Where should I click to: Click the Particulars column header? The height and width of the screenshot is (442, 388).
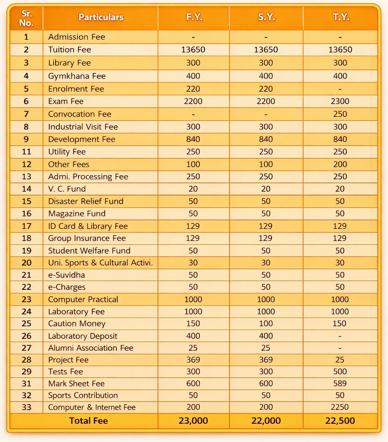[x=101, y=17]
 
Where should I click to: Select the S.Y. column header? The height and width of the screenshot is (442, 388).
[x=266, y=17]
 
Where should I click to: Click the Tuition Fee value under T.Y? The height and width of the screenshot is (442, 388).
[x=340, y=50]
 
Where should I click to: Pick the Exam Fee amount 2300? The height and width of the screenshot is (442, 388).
[x=340, y=101]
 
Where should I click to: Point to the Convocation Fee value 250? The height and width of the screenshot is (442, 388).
[x=340, y=114]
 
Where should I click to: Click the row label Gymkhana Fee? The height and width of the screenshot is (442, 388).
[x=77, y=76]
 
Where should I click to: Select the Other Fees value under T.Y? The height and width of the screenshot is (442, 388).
[x=340, y=164]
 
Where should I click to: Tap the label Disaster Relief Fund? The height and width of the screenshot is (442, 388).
[x=86, y=201]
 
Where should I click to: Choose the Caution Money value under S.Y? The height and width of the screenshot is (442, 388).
[x=266, y=324]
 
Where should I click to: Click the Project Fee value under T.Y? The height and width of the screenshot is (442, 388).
[x=340, y=360]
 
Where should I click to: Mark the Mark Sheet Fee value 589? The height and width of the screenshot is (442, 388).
[x=340, y=384]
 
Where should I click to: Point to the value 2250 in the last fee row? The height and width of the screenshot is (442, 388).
[x=340, y=408]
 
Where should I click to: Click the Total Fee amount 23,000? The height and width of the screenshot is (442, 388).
[x=193, y=421]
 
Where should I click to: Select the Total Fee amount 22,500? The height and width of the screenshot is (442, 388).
[x=340, y=421]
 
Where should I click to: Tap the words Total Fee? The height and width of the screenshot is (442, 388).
[x=88, y=421]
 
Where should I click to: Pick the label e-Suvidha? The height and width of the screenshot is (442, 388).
[x=67, y=275]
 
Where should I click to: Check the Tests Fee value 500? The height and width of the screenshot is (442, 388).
[x=340, y=371]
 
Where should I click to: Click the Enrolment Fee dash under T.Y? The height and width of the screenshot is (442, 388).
[x=340, y=89]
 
